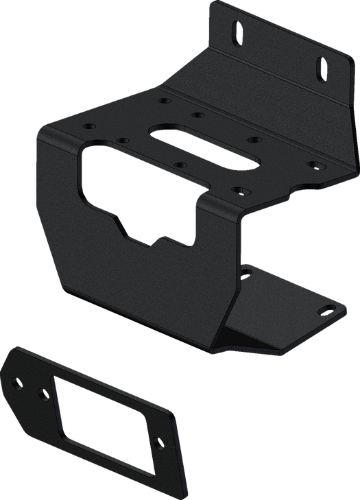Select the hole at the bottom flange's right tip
(x=321, y=311)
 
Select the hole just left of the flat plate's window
(x=45, y=393)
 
